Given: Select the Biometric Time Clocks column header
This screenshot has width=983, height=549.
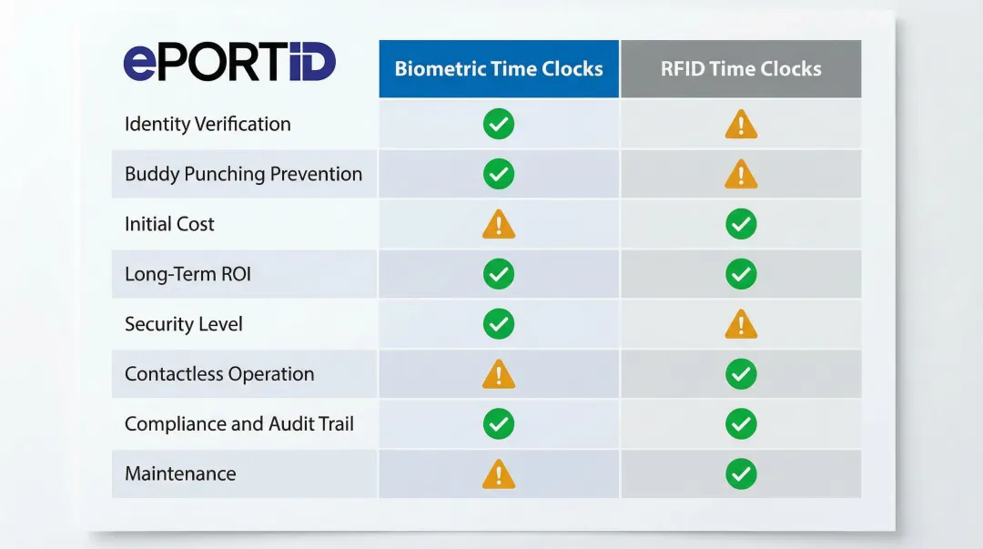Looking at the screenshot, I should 499,69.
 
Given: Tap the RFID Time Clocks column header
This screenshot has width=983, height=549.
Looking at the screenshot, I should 741,69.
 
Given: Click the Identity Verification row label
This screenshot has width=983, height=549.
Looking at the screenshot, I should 208,124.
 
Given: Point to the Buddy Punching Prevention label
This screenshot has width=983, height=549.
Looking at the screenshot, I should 243,174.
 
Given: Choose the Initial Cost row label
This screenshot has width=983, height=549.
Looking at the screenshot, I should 169,224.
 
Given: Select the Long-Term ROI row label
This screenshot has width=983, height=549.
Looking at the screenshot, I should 187,274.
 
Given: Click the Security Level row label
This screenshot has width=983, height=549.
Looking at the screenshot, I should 184,324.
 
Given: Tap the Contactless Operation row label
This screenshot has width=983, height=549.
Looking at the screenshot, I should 219,374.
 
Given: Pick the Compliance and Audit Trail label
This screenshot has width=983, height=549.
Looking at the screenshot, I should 239,423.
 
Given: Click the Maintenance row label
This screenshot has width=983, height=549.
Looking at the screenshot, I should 180,473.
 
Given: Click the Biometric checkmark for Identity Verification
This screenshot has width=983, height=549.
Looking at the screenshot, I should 499,124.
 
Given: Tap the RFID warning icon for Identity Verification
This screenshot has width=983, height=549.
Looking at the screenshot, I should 741,125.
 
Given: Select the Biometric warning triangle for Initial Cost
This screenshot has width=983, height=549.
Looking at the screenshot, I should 499,225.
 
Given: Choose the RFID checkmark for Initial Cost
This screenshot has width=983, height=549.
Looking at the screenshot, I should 741,224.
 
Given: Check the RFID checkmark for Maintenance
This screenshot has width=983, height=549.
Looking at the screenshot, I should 741,473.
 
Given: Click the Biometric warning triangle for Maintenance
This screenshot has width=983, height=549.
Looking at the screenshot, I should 499,474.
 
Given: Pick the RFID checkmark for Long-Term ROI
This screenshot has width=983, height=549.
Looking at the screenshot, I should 741,274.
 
